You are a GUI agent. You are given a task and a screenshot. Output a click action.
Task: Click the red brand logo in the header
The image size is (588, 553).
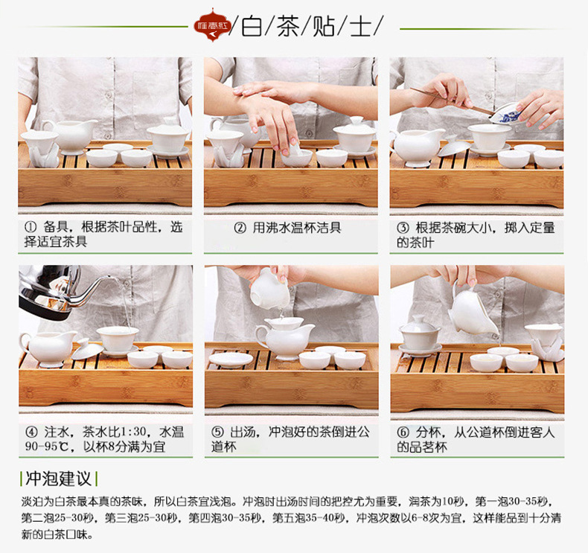click(212, 25)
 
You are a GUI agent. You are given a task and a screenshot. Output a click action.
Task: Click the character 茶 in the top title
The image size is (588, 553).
click(288, 26)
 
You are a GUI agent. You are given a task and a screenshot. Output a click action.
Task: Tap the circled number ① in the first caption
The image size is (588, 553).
click(31, 227)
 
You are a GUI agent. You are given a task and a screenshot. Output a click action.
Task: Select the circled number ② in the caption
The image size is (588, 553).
click(240, 228)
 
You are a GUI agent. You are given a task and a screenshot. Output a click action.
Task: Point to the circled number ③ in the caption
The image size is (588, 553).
click(403, 228)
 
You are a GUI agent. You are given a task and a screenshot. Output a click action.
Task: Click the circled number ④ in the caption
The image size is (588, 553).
click(31, 432)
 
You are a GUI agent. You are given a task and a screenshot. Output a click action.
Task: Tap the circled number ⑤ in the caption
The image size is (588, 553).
click(217, 432)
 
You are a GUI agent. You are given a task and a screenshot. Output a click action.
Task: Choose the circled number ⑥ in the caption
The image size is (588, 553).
click(403, 432)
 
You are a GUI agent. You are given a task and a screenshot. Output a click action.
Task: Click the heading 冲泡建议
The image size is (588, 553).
click(59, 479)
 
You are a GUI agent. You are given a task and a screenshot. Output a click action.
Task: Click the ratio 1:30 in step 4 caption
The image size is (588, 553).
click(132, 432)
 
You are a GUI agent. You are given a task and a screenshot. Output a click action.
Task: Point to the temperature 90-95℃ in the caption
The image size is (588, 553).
click(47, 447)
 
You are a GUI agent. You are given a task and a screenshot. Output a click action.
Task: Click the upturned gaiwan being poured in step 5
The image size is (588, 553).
click(269, 289)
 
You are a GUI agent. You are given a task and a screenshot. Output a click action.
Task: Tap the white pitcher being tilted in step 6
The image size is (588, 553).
click(473, 311)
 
